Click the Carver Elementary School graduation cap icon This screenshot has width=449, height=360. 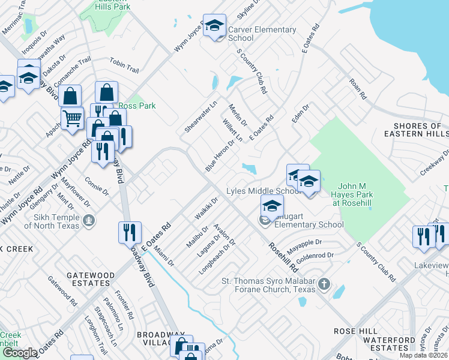214,26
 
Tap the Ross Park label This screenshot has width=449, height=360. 137,106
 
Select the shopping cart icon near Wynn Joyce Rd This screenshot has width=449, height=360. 72,118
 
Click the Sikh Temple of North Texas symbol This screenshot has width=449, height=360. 89,221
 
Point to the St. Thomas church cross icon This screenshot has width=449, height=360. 324,283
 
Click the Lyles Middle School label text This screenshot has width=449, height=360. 263,191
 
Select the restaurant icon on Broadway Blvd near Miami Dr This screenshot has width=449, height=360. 130,232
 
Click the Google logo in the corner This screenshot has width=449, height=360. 19,353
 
